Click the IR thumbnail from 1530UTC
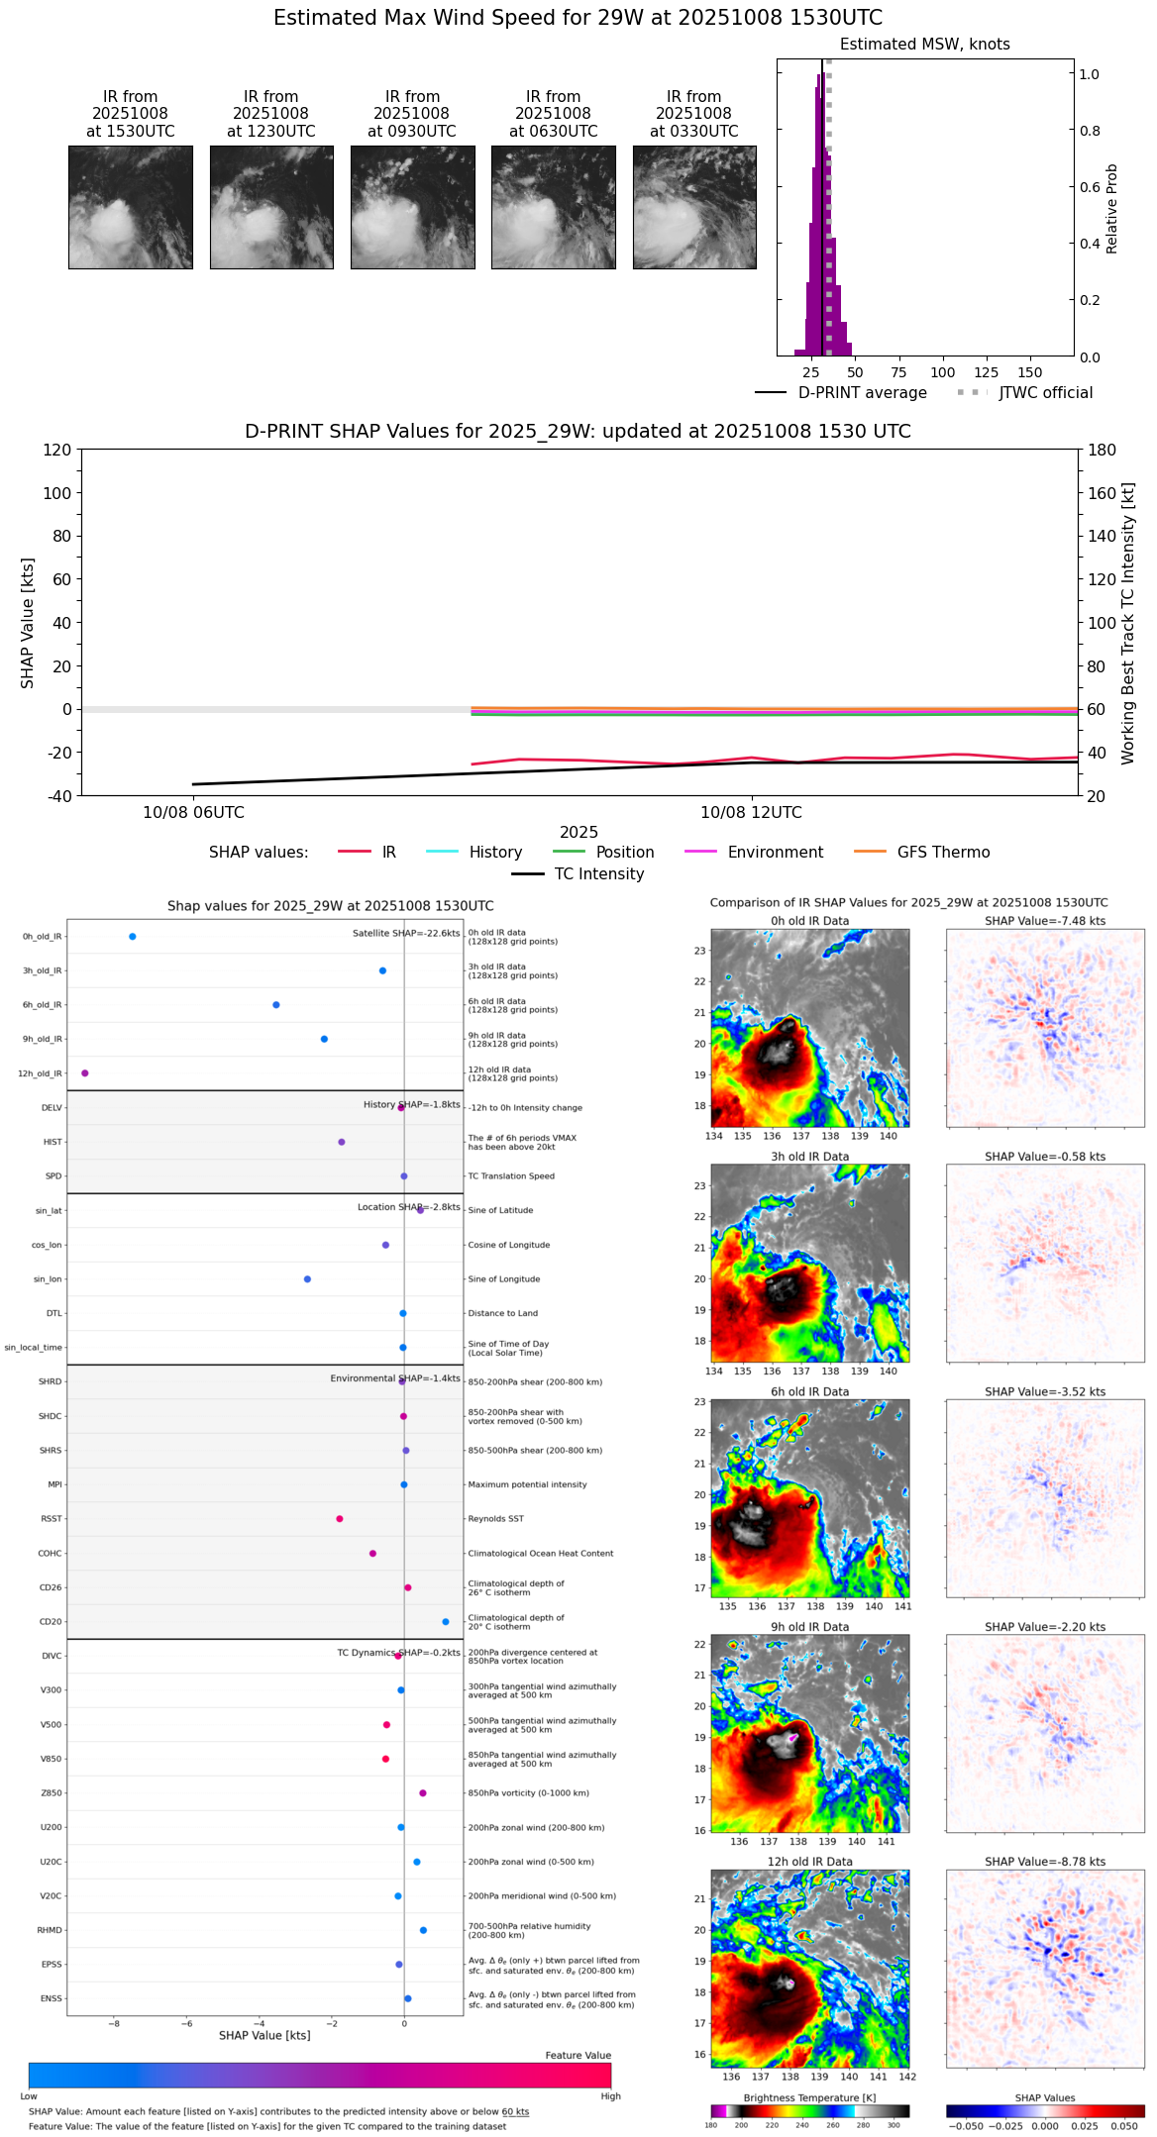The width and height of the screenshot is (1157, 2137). (x=130, y=207)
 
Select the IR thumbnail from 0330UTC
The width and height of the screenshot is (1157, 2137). (x=694, y=207)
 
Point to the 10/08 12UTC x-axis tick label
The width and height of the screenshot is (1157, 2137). (x=751, y=813)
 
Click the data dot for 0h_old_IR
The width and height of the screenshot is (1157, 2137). (x=133, y=937)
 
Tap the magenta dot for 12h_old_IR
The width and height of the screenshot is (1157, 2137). (x=85, y=1073)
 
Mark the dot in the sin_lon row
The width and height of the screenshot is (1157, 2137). (x=308, y=1279)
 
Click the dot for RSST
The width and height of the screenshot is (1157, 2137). (x=340, y=1519)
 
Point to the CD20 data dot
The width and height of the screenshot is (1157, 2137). (x=446, y=1622)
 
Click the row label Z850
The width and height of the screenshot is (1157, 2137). (x=51, y=1793)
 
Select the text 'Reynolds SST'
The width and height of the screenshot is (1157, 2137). (x=495, y=1519)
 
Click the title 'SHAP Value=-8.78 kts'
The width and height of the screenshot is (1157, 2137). (x=1045, y=1862)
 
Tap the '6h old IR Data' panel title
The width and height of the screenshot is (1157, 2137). (x=809, y=1391)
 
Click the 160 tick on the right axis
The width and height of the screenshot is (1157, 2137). (x=1103, y=493)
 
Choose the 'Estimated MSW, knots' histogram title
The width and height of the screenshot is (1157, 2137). (x=924, y=45)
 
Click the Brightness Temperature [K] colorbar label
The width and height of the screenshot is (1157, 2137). (x=809, y=2097)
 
